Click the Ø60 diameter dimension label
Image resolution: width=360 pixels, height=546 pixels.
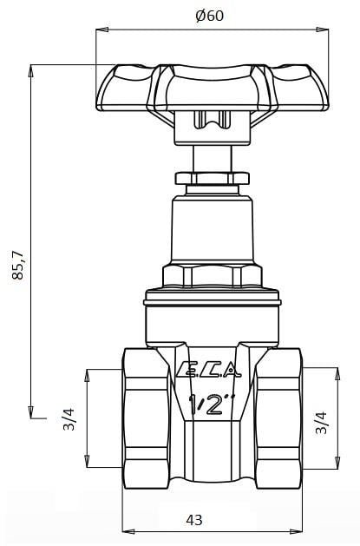tap(210, 16)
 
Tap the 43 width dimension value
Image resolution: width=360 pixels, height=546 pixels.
tap(194, 520)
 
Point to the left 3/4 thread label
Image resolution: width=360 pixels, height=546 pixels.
tap(69, 419)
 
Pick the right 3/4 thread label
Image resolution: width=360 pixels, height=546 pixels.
tap(321, 423)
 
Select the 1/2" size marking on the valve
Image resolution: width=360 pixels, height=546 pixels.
tap(212, 404)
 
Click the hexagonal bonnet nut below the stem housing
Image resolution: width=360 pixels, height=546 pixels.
tap(212, 277)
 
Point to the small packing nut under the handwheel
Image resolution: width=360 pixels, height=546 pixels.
tap(212, 178)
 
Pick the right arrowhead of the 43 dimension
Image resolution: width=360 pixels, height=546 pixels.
tap(298, 531)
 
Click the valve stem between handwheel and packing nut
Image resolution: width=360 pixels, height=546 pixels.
tap(212, 158)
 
